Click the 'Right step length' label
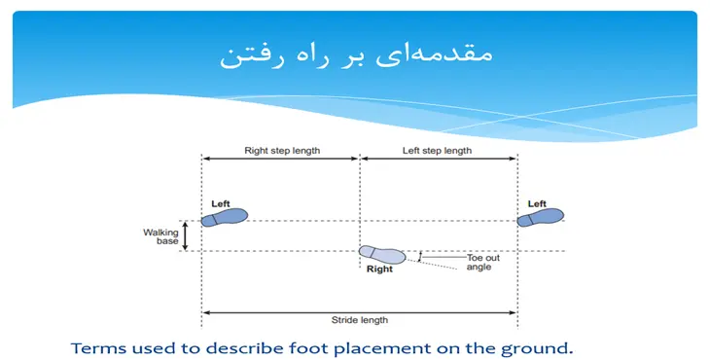click(282, 151)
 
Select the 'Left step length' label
click(438, 151)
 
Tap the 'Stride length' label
click(359, 319)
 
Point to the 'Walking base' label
click(161, 236)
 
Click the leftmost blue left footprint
click(226, 217)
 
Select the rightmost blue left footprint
click(540, 217)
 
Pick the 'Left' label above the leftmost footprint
click(221, 203)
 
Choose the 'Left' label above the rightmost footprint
click(537, 203)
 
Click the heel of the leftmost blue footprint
click(207, 220)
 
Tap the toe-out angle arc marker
click(419, 257)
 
